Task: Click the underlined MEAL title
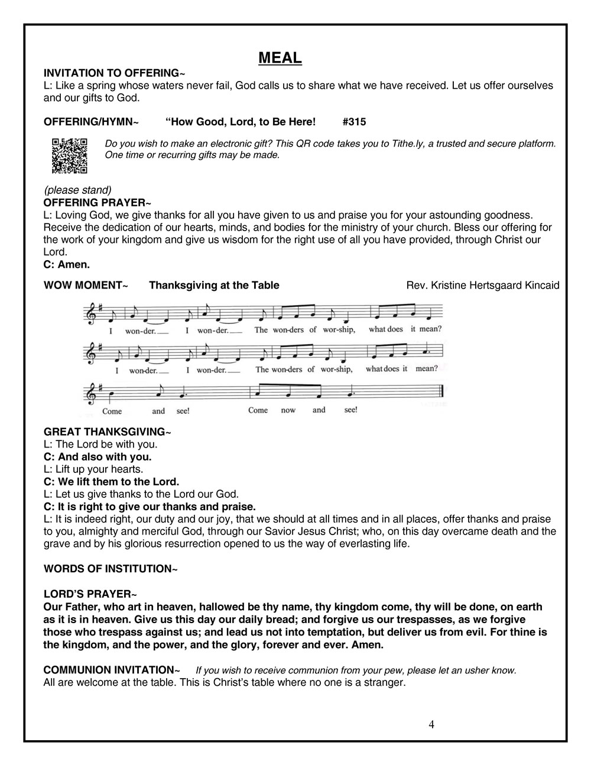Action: (280, 58)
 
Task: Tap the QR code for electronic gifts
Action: (70, 155)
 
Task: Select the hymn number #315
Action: (354, 122)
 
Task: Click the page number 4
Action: (431, 724)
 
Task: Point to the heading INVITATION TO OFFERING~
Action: (115, 73)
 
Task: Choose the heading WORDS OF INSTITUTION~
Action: (111, 569)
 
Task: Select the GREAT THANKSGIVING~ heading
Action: (108, 432)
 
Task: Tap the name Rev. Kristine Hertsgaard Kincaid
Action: (482, 286)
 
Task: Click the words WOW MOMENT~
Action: (86, 286)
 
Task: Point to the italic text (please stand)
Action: (77, 190)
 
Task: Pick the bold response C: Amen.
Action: (67, 264)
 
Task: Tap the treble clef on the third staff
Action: (92, 393)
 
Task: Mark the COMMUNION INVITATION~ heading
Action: (112, 670)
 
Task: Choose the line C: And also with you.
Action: (98, 456)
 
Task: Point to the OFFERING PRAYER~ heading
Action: (98, 203)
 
